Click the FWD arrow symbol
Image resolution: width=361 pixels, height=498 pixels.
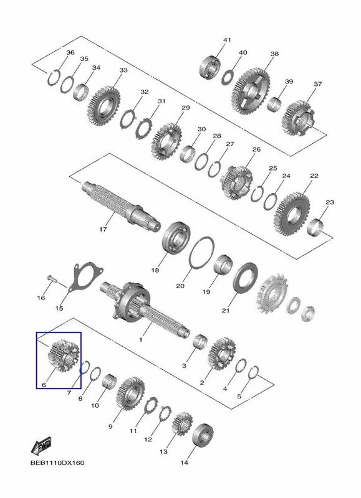click(x=41, y=446)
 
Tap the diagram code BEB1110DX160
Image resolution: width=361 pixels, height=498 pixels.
click(x=57, y=463)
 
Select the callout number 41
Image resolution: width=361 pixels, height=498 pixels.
click(x=227, y=40)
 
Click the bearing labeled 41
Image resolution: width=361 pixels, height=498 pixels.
click(x=210, y=67)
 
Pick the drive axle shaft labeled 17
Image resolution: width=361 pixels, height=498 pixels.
click(x=120, y=204)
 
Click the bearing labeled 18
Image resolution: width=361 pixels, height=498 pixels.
click(x=176, y=238)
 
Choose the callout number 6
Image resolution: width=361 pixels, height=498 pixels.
click(x=44, y=385)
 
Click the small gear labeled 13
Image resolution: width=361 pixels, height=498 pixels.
click(x=182, y=424)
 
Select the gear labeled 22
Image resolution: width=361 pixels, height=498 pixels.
click(x=292, y=214)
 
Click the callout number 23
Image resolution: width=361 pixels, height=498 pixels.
click(x=330, y=202)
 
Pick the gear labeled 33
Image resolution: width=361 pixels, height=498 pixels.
click(x=103, y=105)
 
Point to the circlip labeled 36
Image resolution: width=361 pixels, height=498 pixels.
click(x=54, y=77)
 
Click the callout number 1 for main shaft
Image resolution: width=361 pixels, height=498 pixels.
click(x=141, y=340)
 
